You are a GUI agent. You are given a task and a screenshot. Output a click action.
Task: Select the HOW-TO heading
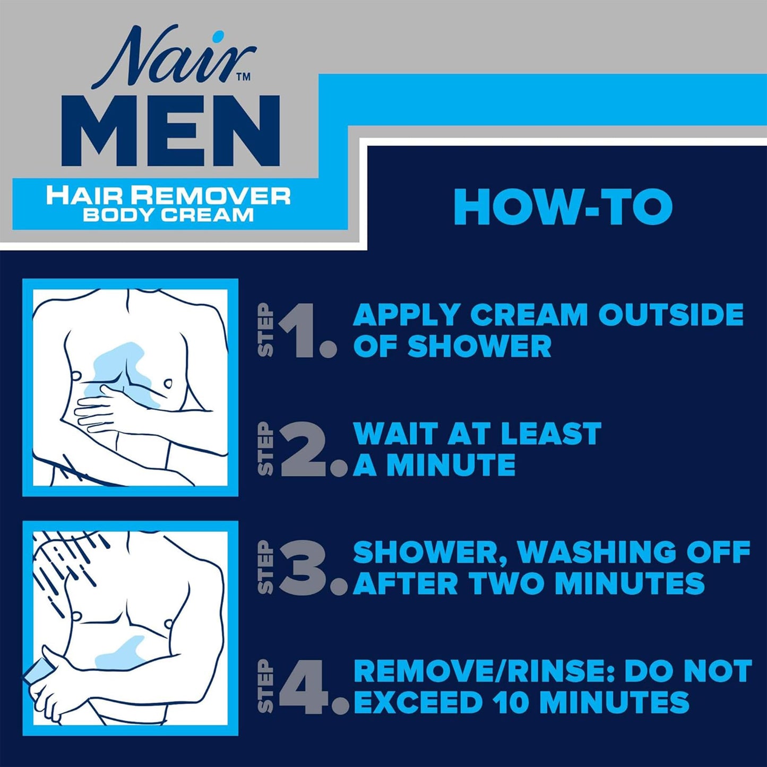(563, 207)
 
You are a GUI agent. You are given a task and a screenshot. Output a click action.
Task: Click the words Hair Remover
(168, 195)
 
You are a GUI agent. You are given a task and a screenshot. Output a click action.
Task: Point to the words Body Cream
(168, 215)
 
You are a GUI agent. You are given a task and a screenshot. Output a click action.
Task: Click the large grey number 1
(300, 332)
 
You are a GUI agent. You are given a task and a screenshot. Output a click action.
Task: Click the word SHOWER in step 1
(479, 347)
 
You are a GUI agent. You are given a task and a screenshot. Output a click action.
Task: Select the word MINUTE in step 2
(451, 466)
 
